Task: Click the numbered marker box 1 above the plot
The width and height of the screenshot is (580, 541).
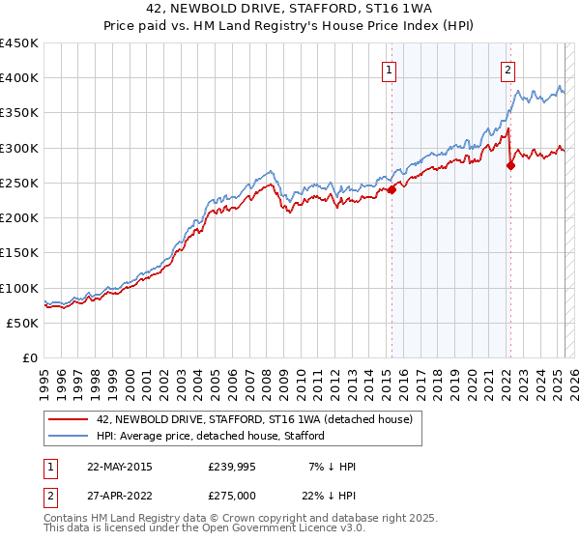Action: coord(389,69)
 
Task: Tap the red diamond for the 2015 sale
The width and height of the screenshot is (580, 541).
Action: coord(392,190)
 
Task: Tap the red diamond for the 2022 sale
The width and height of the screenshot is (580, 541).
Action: coord(510,165)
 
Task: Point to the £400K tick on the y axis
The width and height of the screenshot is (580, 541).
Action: coord(19,78)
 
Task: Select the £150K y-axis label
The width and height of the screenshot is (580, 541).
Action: coord(19,253)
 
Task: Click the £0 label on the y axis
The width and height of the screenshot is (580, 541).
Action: coord(30,358)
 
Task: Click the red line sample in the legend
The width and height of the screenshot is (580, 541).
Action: coord(69,419)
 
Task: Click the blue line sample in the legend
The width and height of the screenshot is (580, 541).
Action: coord(69,436)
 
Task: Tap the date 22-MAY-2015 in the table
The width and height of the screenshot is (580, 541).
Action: coord(120,467)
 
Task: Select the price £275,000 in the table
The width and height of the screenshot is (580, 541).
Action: coord(232,494)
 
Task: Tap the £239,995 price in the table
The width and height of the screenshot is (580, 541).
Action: coord(232,467)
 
